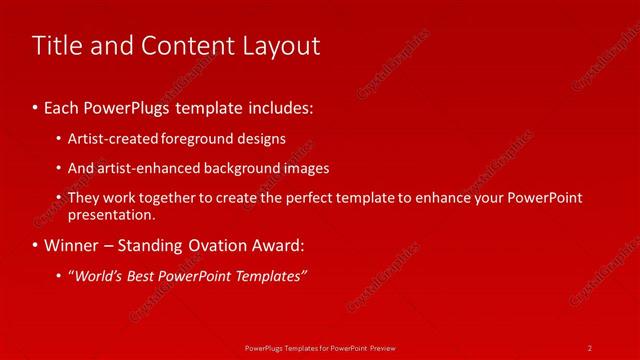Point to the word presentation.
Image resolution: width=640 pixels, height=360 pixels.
click(x=112, y=214)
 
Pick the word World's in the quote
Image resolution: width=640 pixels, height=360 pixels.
click(x=98, y=275)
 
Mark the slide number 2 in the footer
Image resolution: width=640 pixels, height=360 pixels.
click(x=590, y=347)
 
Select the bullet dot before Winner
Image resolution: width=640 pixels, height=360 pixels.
click(x=35, y=245)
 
